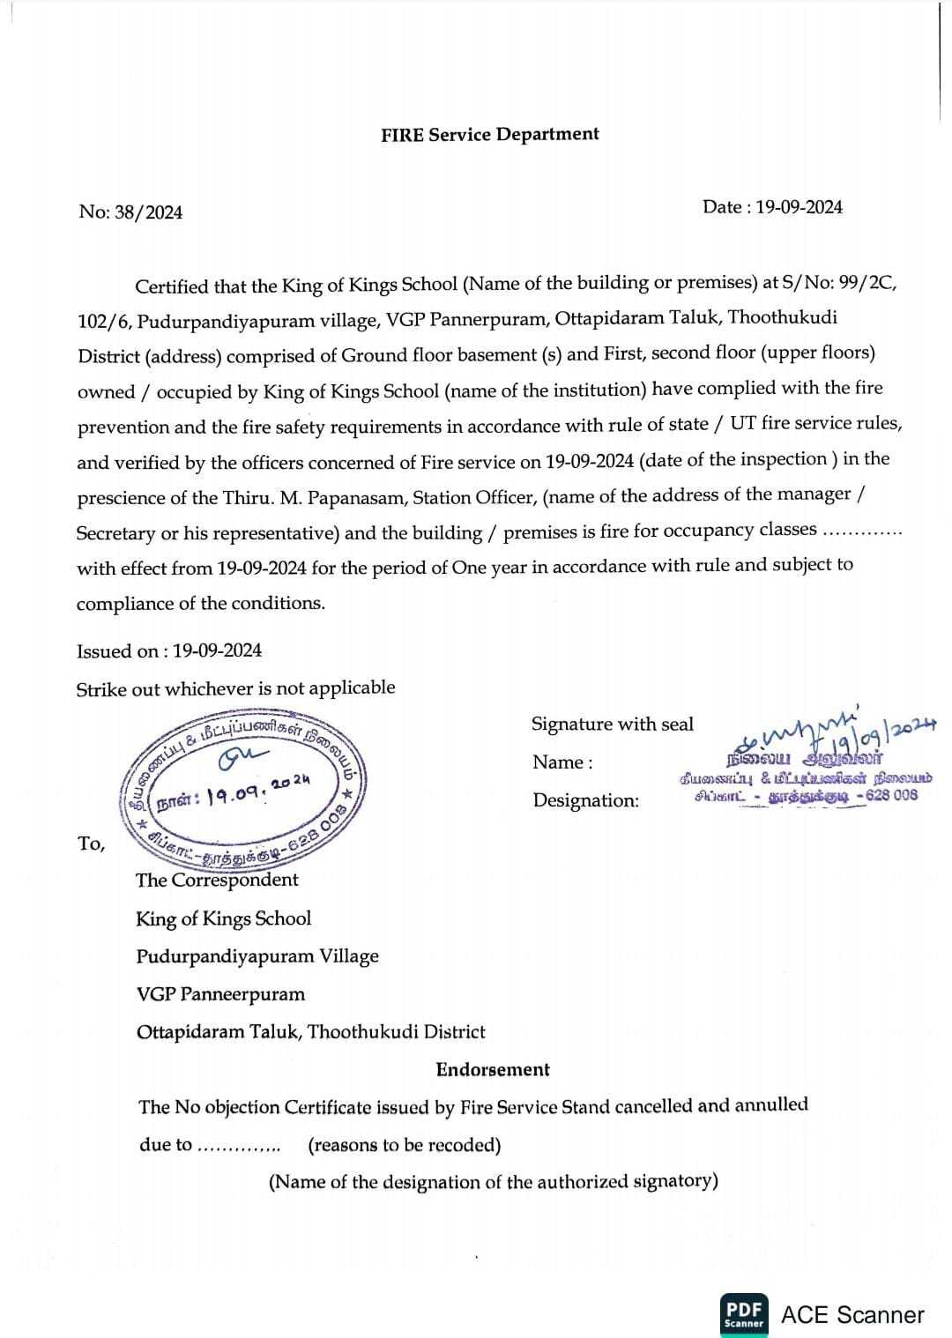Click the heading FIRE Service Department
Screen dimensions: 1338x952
pyautogui.click(x=489, y=135)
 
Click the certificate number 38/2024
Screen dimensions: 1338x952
pyautogui.click(x=148, y=212)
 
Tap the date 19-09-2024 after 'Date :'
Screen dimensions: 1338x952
pyautogui.click(x=799, y=207)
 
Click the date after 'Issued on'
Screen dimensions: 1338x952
pyautogui.click(x=217, y=650)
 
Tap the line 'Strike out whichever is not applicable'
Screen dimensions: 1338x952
pyautogui.click(x=235, y=688)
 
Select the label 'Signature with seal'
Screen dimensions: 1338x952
pyautogui.click(x=612, y=725)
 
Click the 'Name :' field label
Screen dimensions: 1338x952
pyautogui.click(x=562, y=762)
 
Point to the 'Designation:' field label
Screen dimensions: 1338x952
pyautogui.click(x=585, y=800)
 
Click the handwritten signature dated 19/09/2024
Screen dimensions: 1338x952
pyautogui.click(x=829, y=731)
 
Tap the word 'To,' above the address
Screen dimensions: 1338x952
pyautogui.click(x=91, y=844)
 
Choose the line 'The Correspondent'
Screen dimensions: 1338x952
pyautogui.click(x=217, y=880)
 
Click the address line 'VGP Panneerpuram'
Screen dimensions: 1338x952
pyautogui.click(x=220, y=994)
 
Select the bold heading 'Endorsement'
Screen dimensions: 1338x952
pyautogui.click(x=493, y=1070)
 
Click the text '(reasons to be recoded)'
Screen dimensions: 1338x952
pyautogui.click(x=404, y=1145)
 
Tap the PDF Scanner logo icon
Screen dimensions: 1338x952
pyautogui.click(x=743, y=1314)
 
